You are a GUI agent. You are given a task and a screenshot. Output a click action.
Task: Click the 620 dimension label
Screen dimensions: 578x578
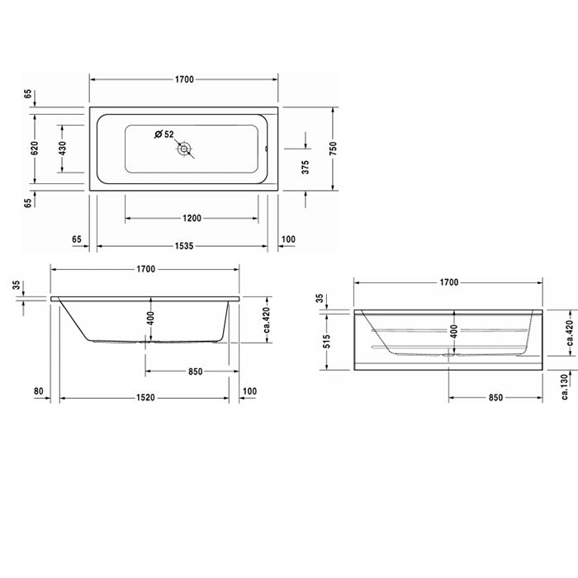click(x=35, y=149)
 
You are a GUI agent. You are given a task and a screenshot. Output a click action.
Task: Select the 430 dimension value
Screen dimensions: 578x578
click(x=63, y=149)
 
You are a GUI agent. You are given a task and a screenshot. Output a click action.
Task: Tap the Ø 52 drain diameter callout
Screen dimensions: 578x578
click(x=163, y=134)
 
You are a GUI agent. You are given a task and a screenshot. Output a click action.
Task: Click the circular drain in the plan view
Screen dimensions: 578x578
click(x=185, y=149)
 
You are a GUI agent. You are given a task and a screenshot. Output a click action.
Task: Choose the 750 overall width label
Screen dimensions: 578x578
click(x=334, y=149)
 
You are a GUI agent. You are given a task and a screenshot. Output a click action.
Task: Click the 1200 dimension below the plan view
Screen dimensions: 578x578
click(x=191, y=219)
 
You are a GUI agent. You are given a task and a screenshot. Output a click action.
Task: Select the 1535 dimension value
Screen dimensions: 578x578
click(x=182, y=246)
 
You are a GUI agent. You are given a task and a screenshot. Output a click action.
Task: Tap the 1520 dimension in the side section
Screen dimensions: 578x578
click(x=146, y=398)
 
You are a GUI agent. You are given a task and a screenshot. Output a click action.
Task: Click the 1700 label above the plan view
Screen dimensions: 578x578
click(x=183, y=79)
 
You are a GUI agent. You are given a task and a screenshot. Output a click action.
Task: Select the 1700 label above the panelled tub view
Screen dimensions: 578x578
click(x=448, y=282)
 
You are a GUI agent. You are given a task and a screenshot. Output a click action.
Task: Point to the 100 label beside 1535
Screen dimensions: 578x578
click(x=288, y=239)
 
